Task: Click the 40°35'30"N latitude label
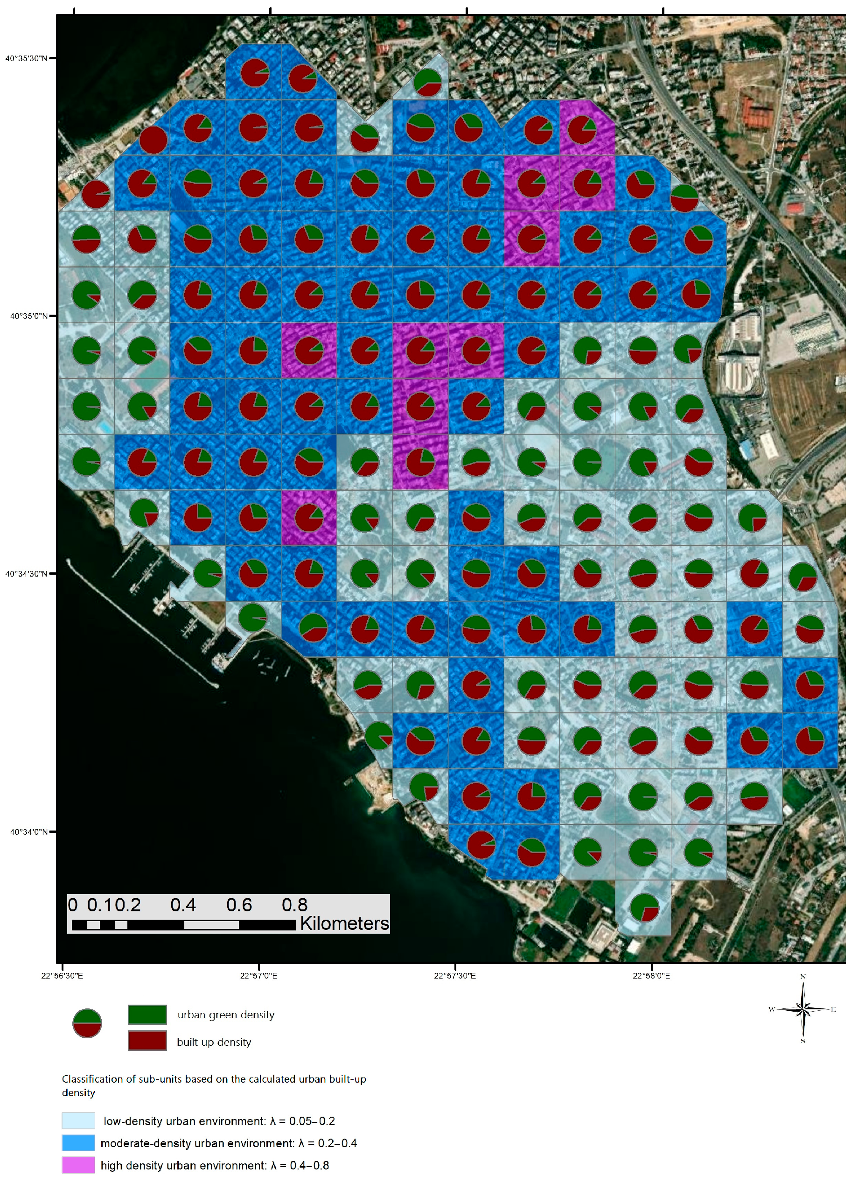coord(26,58)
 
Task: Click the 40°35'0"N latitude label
coord(28,316)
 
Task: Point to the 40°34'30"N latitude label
coord(26,574)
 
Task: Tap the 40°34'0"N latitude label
coord(28,831)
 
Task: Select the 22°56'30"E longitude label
coord(62,975)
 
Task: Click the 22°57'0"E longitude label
coord(258,975)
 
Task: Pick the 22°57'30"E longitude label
coord(454,975)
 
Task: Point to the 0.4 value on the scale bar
coord(183,905)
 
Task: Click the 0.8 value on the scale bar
coord(294,905)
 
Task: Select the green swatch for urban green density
coord(147,1014)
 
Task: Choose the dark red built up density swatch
coord(147,1041)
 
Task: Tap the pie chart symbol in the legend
coord(87,1023)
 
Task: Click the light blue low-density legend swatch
coord(78,1120)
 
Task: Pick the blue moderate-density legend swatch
coord(78,1143)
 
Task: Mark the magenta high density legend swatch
coord(78,1165)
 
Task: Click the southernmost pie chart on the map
coord(644,907)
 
